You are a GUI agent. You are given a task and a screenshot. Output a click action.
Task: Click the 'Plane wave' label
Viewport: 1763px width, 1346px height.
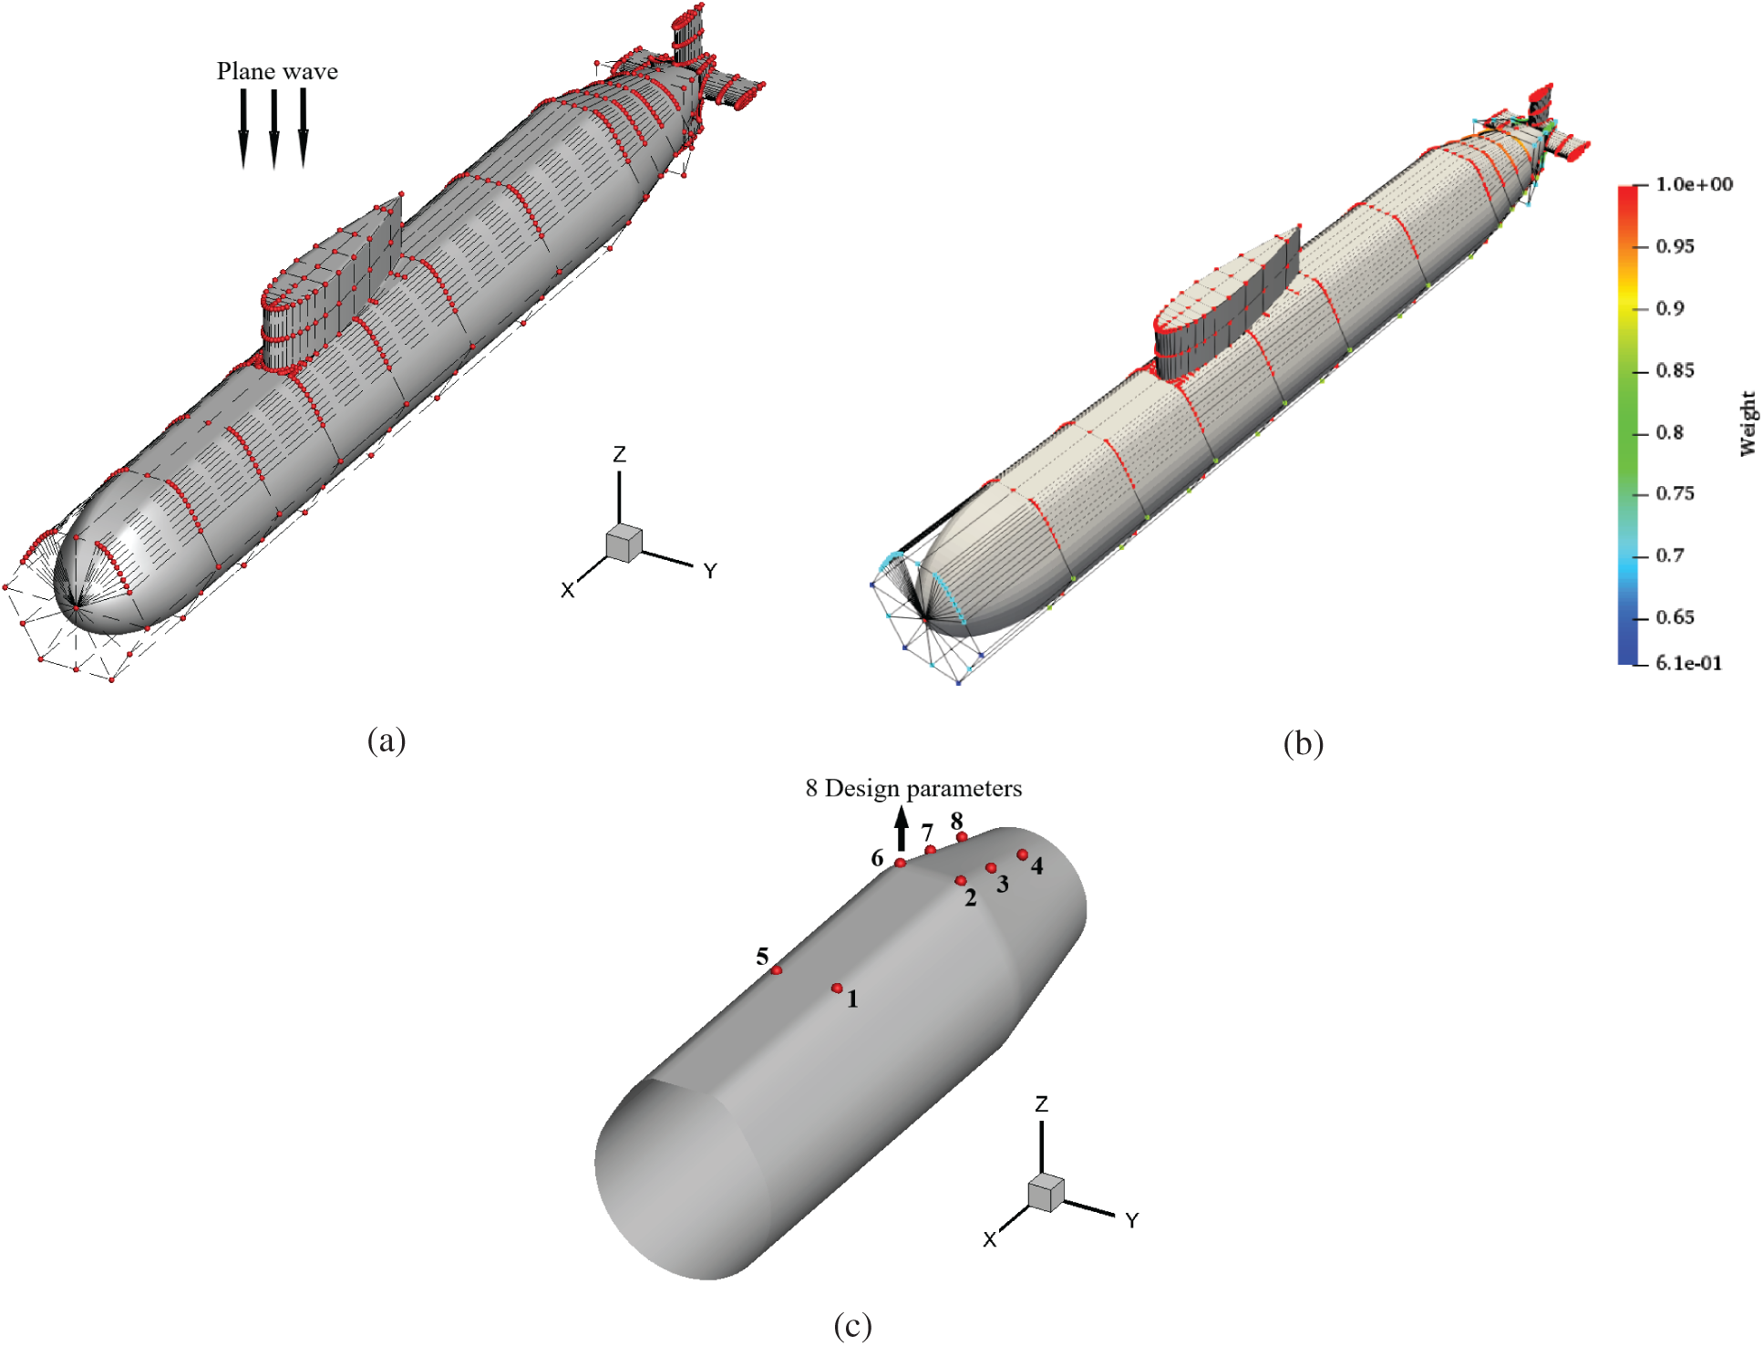point(277,71)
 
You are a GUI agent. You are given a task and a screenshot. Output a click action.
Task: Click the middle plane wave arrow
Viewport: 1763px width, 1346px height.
point(273,129)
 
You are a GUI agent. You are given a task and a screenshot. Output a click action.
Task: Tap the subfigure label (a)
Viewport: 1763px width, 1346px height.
point(387,740)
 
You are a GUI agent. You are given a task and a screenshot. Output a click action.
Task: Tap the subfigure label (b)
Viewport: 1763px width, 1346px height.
point(1303,744)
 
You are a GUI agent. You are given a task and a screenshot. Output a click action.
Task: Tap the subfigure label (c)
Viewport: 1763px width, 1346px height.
point(852,1325)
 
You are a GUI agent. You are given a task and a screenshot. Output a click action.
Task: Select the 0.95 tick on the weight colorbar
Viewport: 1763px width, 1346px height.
point(1675,246)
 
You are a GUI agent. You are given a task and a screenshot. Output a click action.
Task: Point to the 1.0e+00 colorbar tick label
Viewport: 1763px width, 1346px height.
point(1694,184)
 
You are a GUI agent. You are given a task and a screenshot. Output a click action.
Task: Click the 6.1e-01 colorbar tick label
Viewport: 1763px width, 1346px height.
point(1689,663)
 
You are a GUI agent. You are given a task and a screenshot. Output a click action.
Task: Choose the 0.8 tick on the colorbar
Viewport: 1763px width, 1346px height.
point(1669,432)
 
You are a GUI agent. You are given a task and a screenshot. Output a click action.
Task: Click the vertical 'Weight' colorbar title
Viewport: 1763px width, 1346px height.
point(1747,423)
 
